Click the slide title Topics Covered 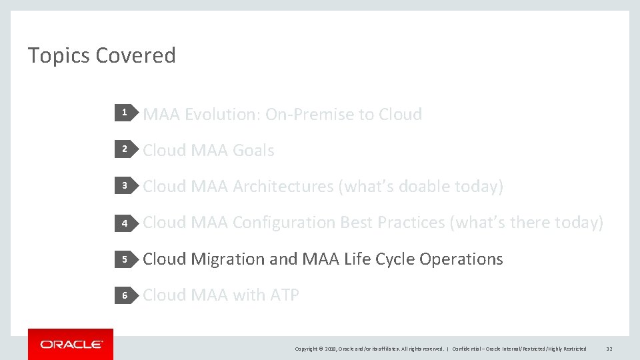(101, 55)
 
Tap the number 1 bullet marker (124, 114)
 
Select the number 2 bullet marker (124, 150)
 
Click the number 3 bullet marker (124, 186)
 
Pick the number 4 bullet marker (124, 223)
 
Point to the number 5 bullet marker (124, 259)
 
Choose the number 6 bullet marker (124, 295)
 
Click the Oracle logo (71, 344)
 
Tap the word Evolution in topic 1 (222, 115)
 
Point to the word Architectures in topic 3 (283, 187)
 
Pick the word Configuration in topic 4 (284, 223)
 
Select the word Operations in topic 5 (461, 259)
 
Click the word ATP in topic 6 (284, 295)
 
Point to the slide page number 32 (609, 349)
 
